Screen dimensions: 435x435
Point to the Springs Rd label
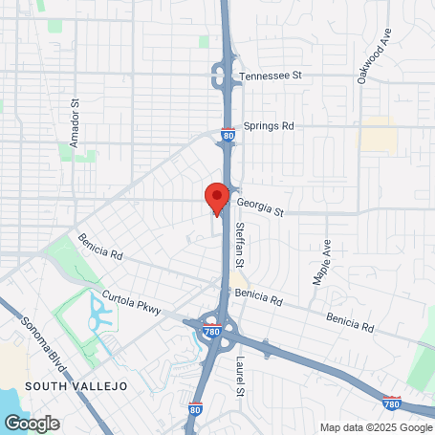[x=269, y=125]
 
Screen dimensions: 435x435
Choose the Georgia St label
[x=261, y=204]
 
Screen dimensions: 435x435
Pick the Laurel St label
[x=240, y=377]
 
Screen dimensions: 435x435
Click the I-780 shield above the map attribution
[x=390, y=404]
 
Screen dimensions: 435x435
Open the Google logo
[x=32, y=423]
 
